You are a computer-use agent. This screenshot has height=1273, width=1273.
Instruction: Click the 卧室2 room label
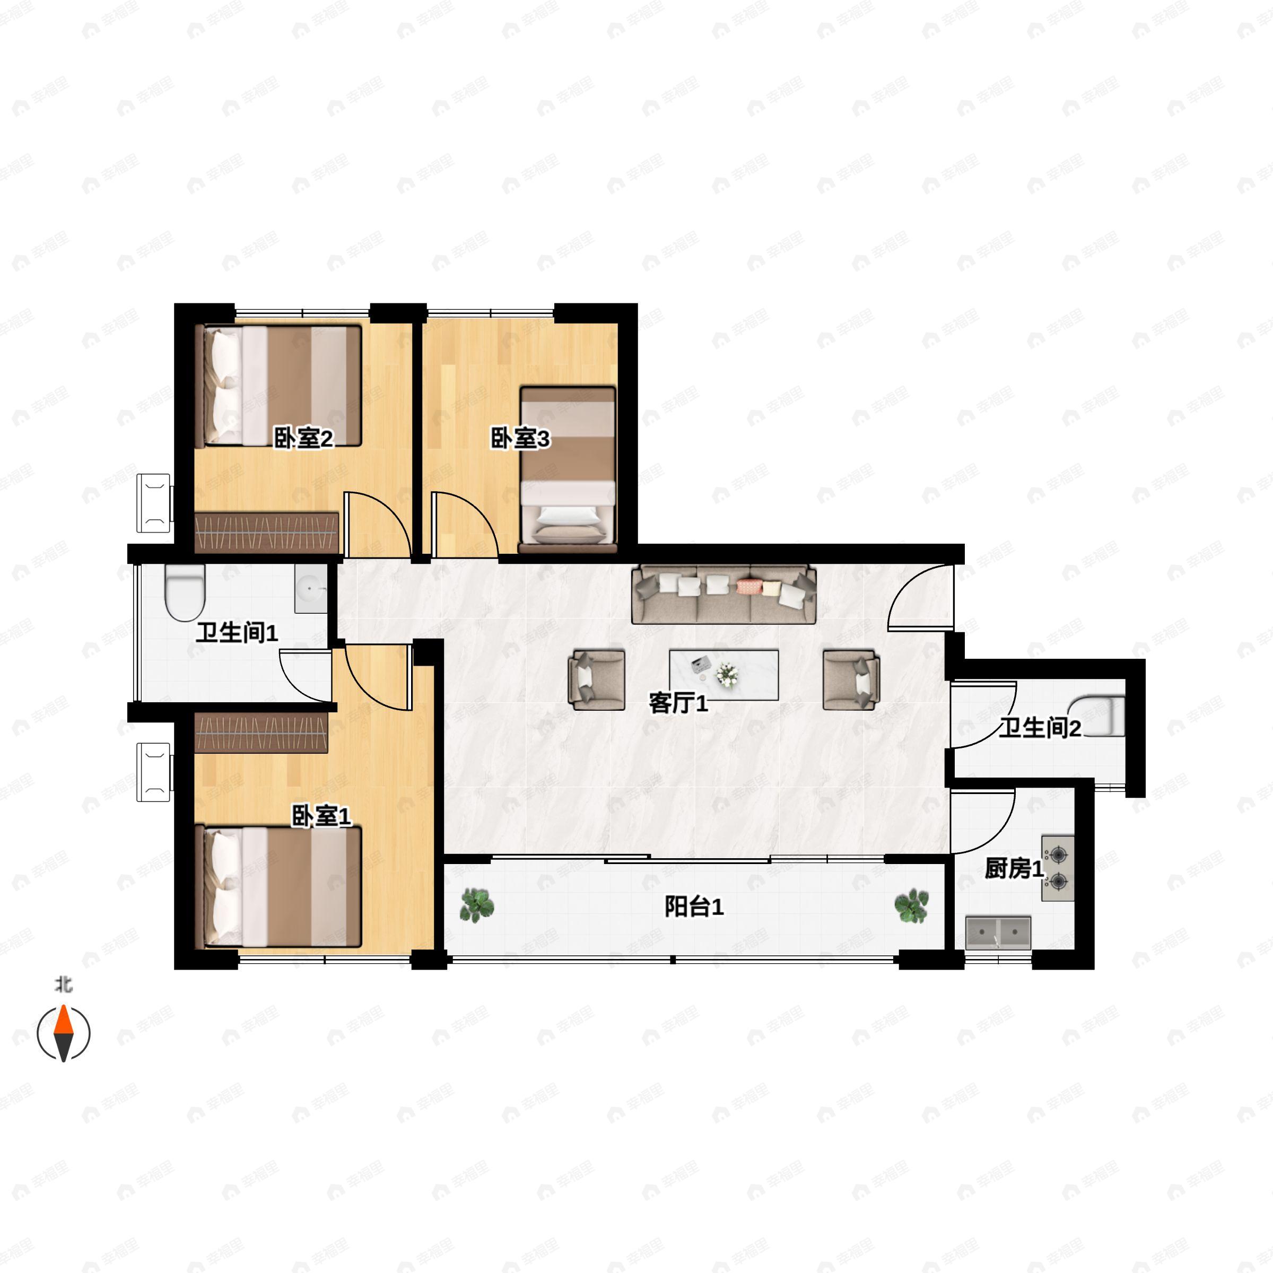point(304,438)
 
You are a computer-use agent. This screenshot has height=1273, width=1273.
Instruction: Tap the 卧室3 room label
point(520,438)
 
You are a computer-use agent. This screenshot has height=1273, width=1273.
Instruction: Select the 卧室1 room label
point(321,816)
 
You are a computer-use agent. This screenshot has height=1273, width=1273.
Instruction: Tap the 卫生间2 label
point(1040,728)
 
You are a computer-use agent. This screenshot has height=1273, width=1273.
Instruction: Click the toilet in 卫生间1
point(185,593)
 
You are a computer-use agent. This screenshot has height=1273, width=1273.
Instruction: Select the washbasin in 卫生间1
point(310,589)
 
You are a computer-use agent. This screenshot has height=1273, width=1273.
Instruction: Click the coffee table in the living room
point(723,675)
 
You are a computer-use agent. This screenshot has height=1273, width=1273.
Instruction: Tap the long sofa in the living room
point(723,594)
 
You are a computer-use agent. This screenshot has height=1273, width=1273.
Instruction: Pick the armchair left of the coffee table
point(596,680)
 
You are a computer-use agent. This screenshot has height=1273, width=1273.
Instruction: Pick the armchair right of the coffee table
point(851,680)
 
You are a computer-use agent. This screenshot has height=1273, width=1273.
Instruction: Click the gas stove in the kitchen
point(1058,868)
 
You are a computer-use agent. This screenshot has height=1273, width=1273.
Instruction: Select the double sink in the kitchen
point(998,932)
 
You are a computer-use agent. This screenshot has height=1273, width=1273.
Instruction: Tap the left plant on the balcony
point(476,905)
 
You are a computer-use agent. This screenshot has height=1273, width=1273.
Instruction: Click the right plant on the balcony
point(912,905)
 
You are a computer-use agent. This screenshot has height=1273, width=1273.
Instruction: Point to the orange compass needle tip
point(63,1006)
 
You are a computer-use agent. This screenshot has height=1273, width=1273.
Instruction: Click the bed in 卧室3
point(568,465)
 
